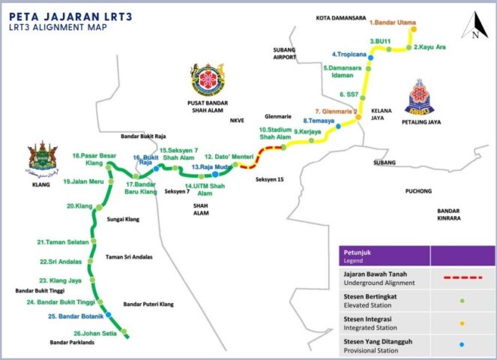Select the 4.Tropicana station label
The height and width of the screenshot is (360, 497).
pyautogui.click(x=349, y=54)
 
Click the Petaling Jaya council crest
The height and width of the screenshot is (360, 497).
pyautogui.click(x=419, y=100)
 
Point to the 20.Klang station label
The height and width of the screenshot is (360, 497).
pyautogui.click(x=79, y=205)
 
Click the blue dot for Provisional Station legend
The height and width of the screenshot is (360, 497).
pyautogui.click(x=462, y=343)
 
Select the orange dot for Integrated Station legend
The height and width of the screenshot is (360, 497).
pyautogui.click(x=462, y=322)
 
